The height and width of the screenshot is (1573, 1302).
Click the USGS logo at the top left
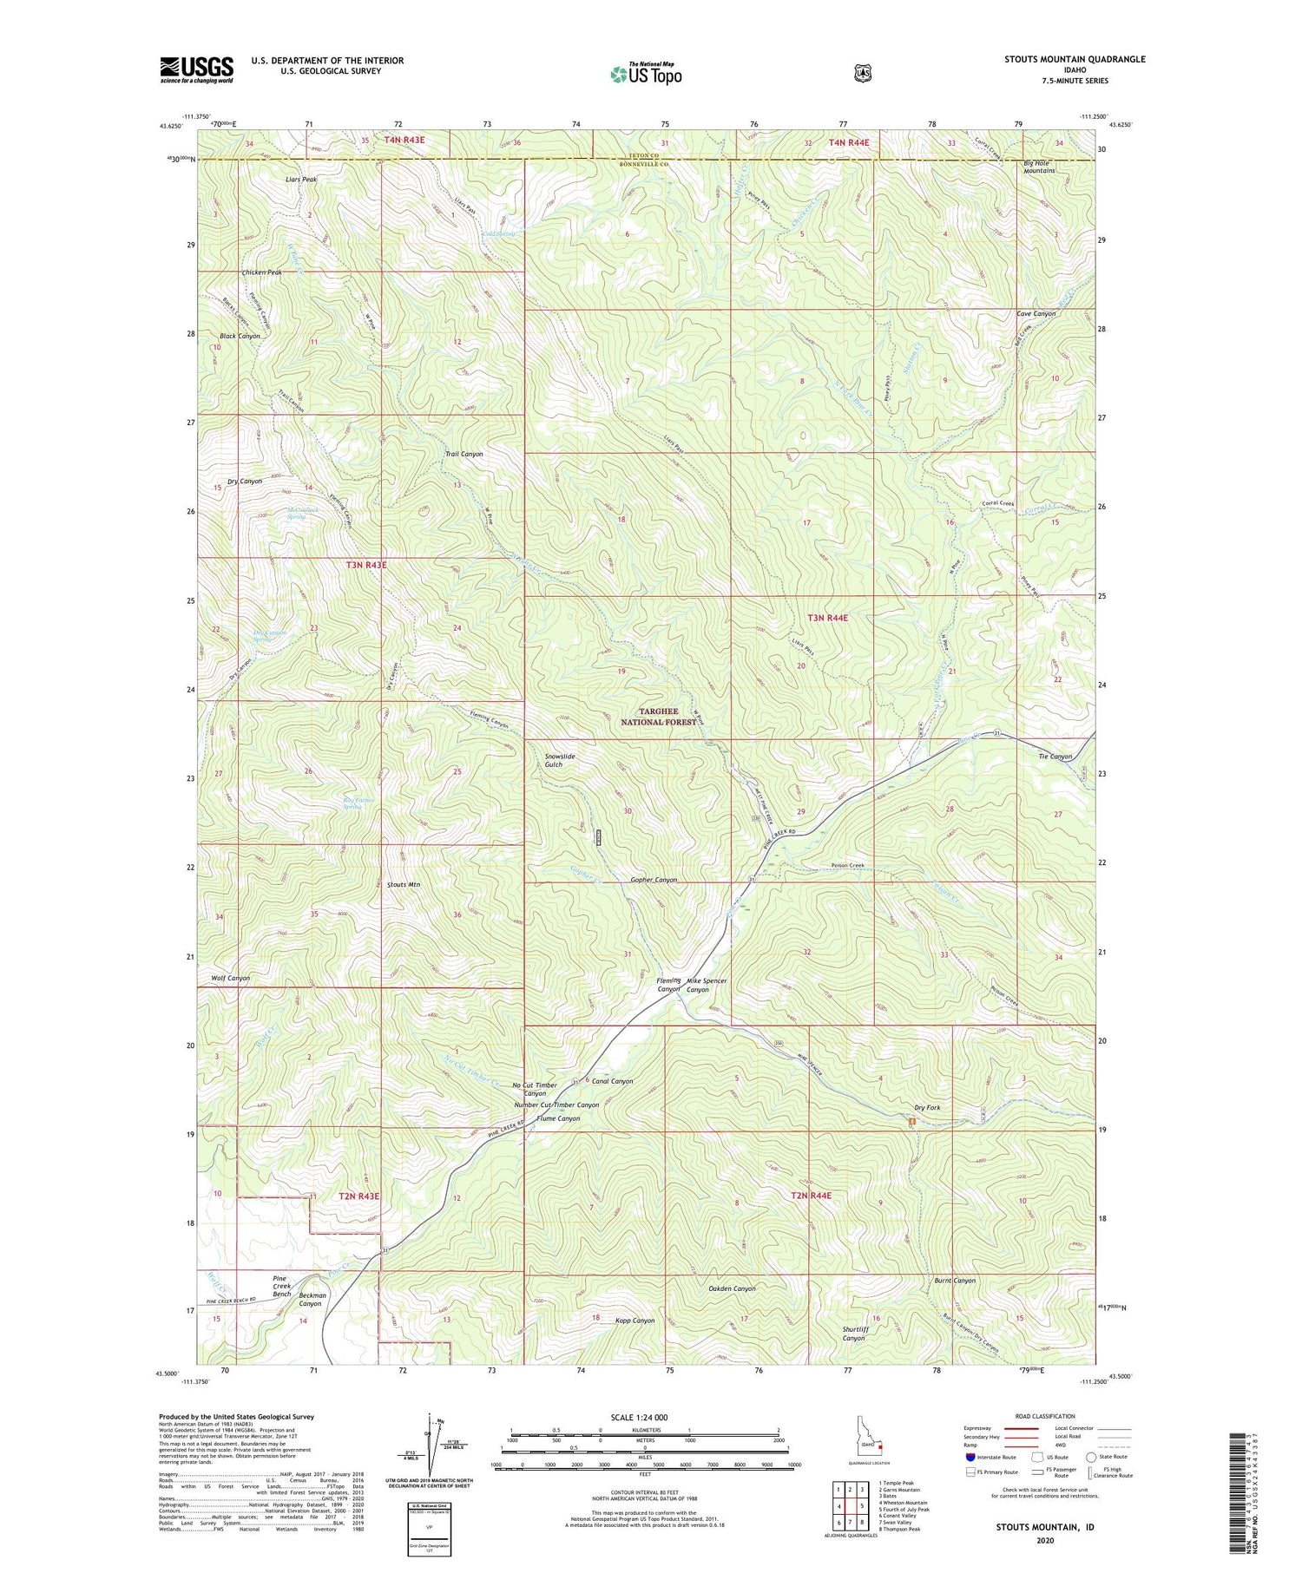pyautogui.click(x=196, y=69)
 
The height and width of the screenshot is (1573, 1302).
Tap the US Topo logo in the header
pyautogui.click(x=646, y=74)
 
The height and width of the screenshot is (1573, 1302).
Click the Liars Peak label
pyautogui.click(x=301, y=180)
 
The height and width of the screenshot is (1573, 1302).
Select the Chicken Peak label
pyautogui.click(x=261, y=272)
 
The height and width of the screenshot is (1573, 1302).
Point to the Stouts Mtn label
pyautogui.click(x=403, y=885)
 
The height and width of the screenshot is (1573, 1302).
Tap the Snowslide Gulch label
pyautogui.click(x=560, y=760)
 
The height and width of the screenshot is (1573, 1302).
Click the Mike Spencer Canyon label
pyautogui.click(x=707, y=985)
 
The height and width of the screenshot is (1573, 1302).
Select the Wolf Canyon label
pyautogui.click(x=230, y=978)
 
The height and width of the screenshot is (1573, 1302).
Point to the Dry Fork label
pyautogui.click(x=927, y=1108)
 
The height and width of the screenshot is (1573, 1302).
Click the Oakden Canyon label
pyautogui.click(x=732, y=1288)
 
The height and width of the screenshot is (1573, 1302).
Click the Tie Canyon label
pyautogui.click(x=1055, y=757)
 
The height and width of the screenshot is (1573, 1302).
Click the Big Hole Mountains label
pyautogui.click(x=1039, y=167)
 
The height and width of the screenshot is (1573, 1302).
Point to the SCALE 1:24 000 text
pyautogui.click(x=645, y=1418)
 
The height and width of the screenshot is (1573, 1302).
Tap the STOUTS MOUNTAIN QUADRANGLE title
pyautogui.click(x=1075, y=59)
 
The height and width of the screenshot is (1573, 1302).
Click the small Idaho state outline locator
pyautogui.click(x=869, y=1446)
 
